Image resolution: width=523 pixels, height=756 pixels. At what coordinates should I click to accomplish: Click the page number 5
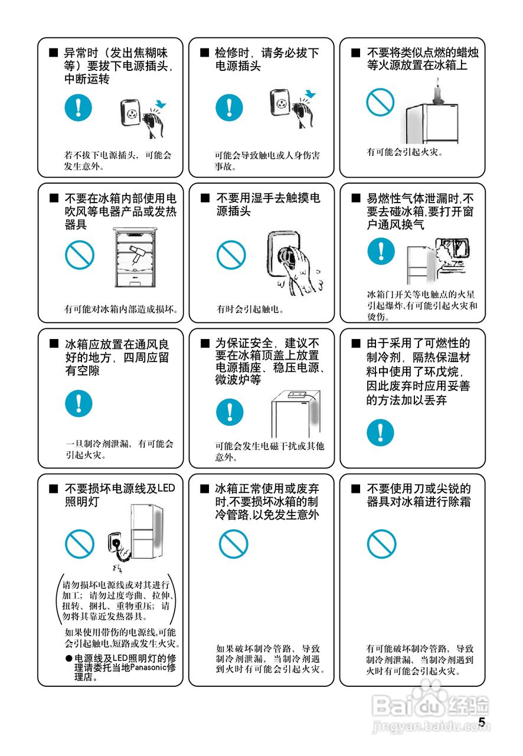coord(482,722)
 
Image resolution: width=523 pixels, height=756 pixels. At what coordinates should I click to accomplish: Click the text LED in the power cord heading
coord(166,488)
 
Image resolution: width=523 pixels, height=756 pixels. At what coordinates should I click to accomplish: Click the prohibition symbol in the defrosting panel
coord(381,543)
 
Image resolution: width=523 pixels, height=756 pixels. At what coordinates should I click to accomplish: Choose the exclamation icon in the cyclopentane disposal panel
coord(381,433)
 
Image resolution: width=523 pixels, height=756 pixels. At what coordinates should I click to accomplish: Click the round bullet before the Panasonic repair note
coord(68,658)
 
